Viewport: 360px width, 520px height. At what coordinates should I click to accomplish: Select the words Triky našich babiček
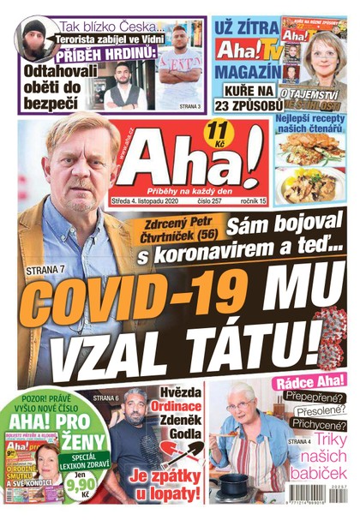[318, 459]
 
